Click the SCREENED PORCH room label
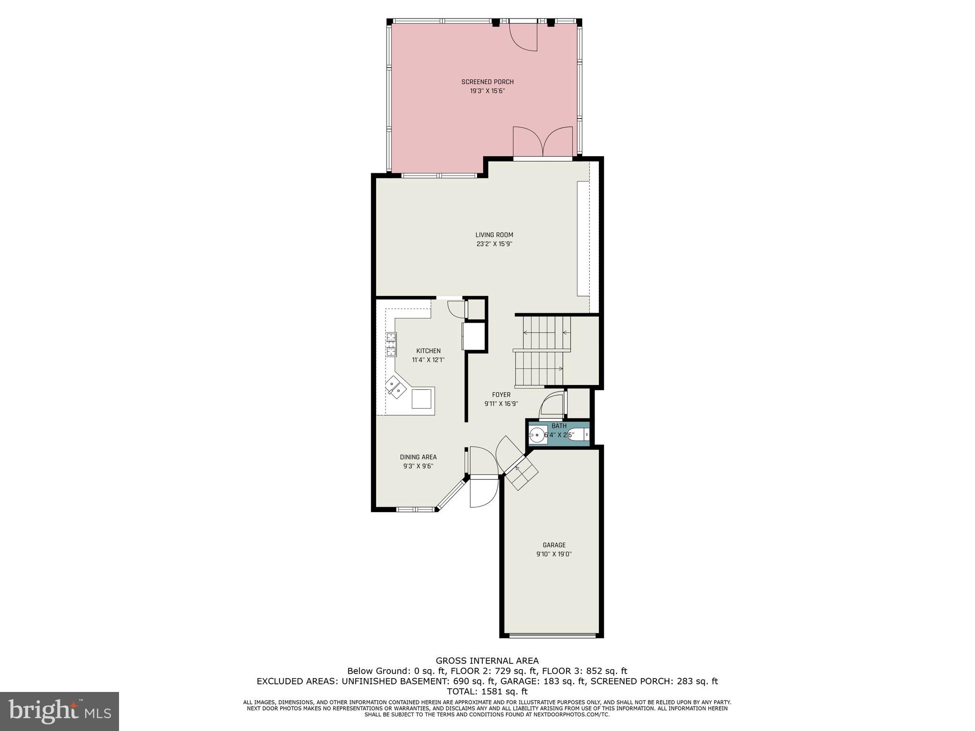487,82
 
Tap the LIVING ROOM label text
494,235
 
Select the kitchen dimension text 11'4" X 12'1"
428,360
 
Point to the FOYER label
501,395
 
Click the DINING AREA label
418,457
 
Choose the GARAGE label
554,545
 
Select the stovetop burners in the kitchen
391,345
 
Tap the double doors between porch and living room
543,143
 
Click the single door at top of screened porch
523,36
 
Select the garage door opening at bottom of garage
552,635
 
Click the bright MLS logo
60,711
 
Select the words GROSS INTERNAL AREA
487,661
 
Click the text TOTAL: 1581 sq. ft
487,691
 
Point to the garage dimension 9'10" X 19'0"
554,554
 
